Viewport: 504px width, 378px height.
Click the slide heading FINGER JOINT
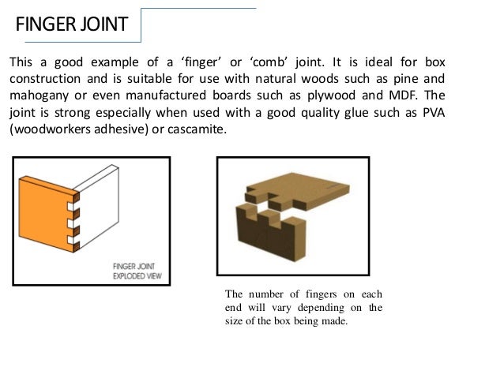pos(72,24)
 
